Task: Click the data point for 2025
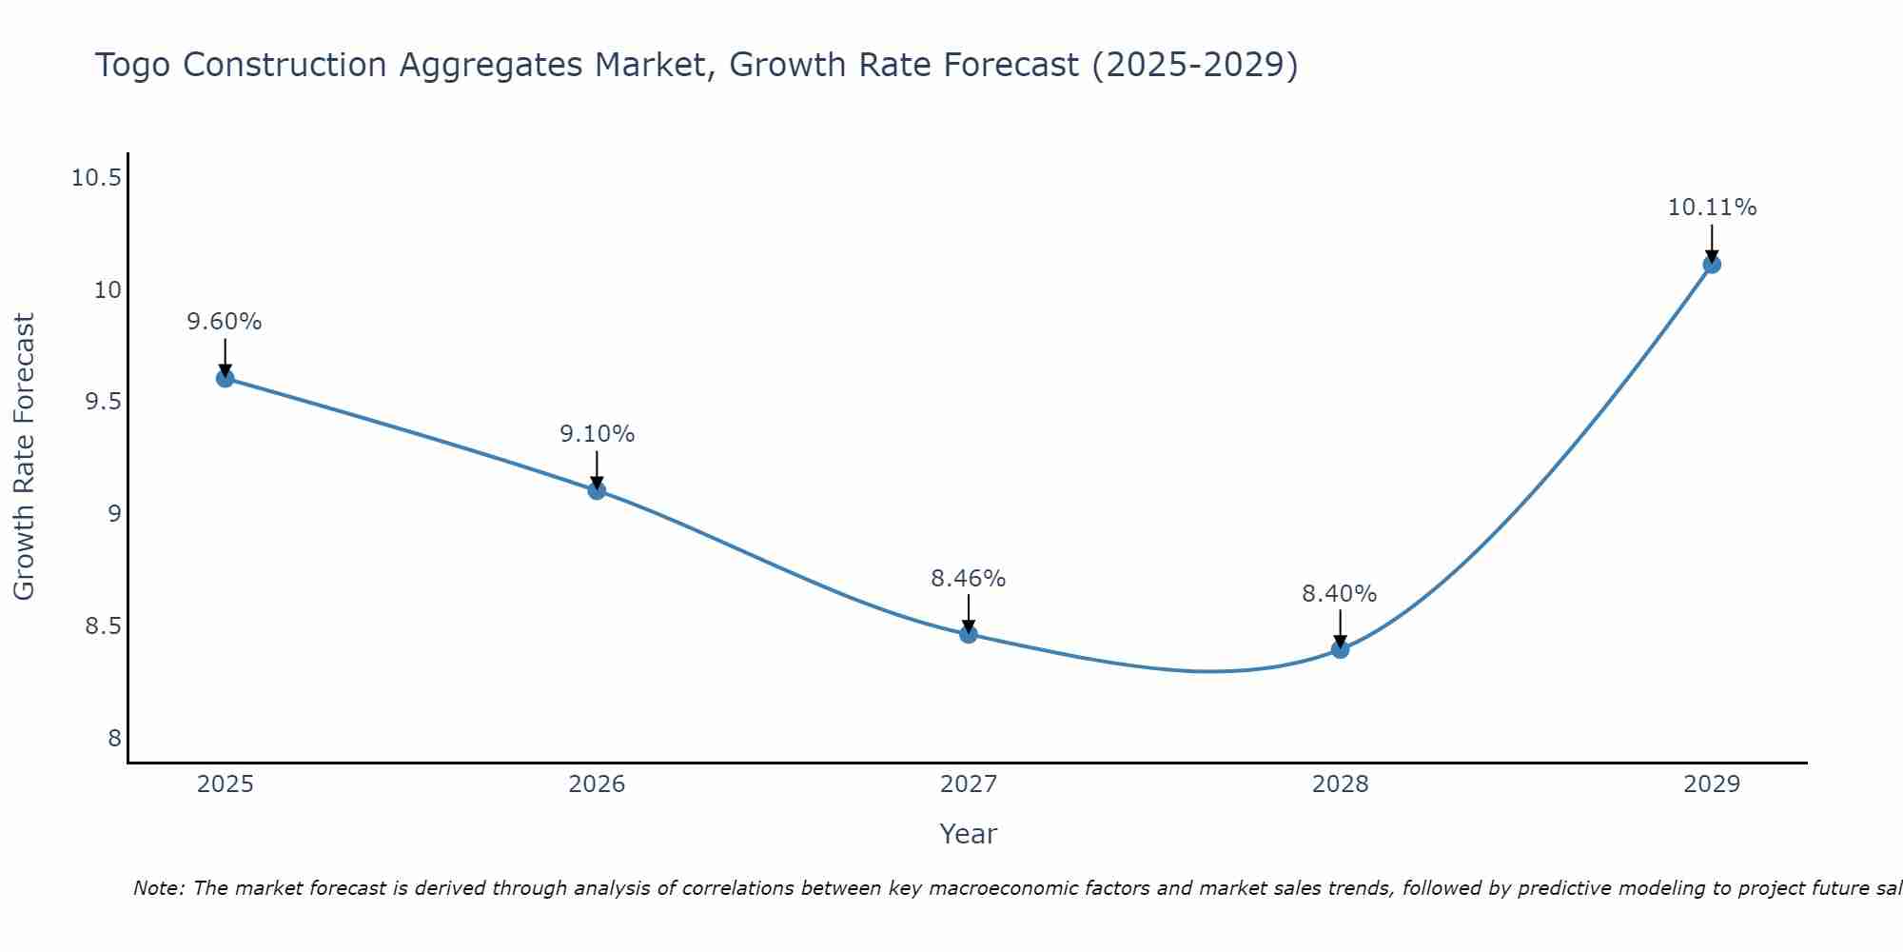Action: (x=226, y=378)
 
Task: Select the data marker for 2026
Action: (x=597, y=490)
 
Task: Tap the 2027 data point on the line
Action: (x=969, y=634)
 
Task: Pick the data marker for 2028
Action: (x=1340, y=649)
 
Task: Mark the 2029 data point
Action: (x=1712, y=264)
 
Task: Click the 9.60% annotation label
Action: (x=225, y=322)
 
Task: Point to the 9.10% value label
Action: (x=597, y=434)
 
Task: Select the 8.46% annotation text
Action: (x=969, y=578)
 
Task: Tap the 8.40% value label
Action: (x=1340, y=593)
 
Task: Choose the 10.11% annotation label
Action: (x=1712, y=208)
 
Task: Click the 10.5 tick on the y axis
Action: (x=96, y=178)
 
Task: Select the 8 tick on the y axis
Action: (x=114, y=739)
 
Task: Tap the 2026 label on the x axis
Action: (x=597, y=784)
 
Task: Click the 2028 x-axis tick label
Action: (x=1340, y=784)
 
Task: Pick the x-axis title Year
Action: (x=968, y=834)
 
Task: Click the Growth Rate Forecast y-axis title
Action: (x=25, y=457)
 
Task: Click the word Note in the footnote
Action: (x=158, y=888)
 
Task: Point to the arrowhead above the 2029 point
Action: (x=1712, y=256)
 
